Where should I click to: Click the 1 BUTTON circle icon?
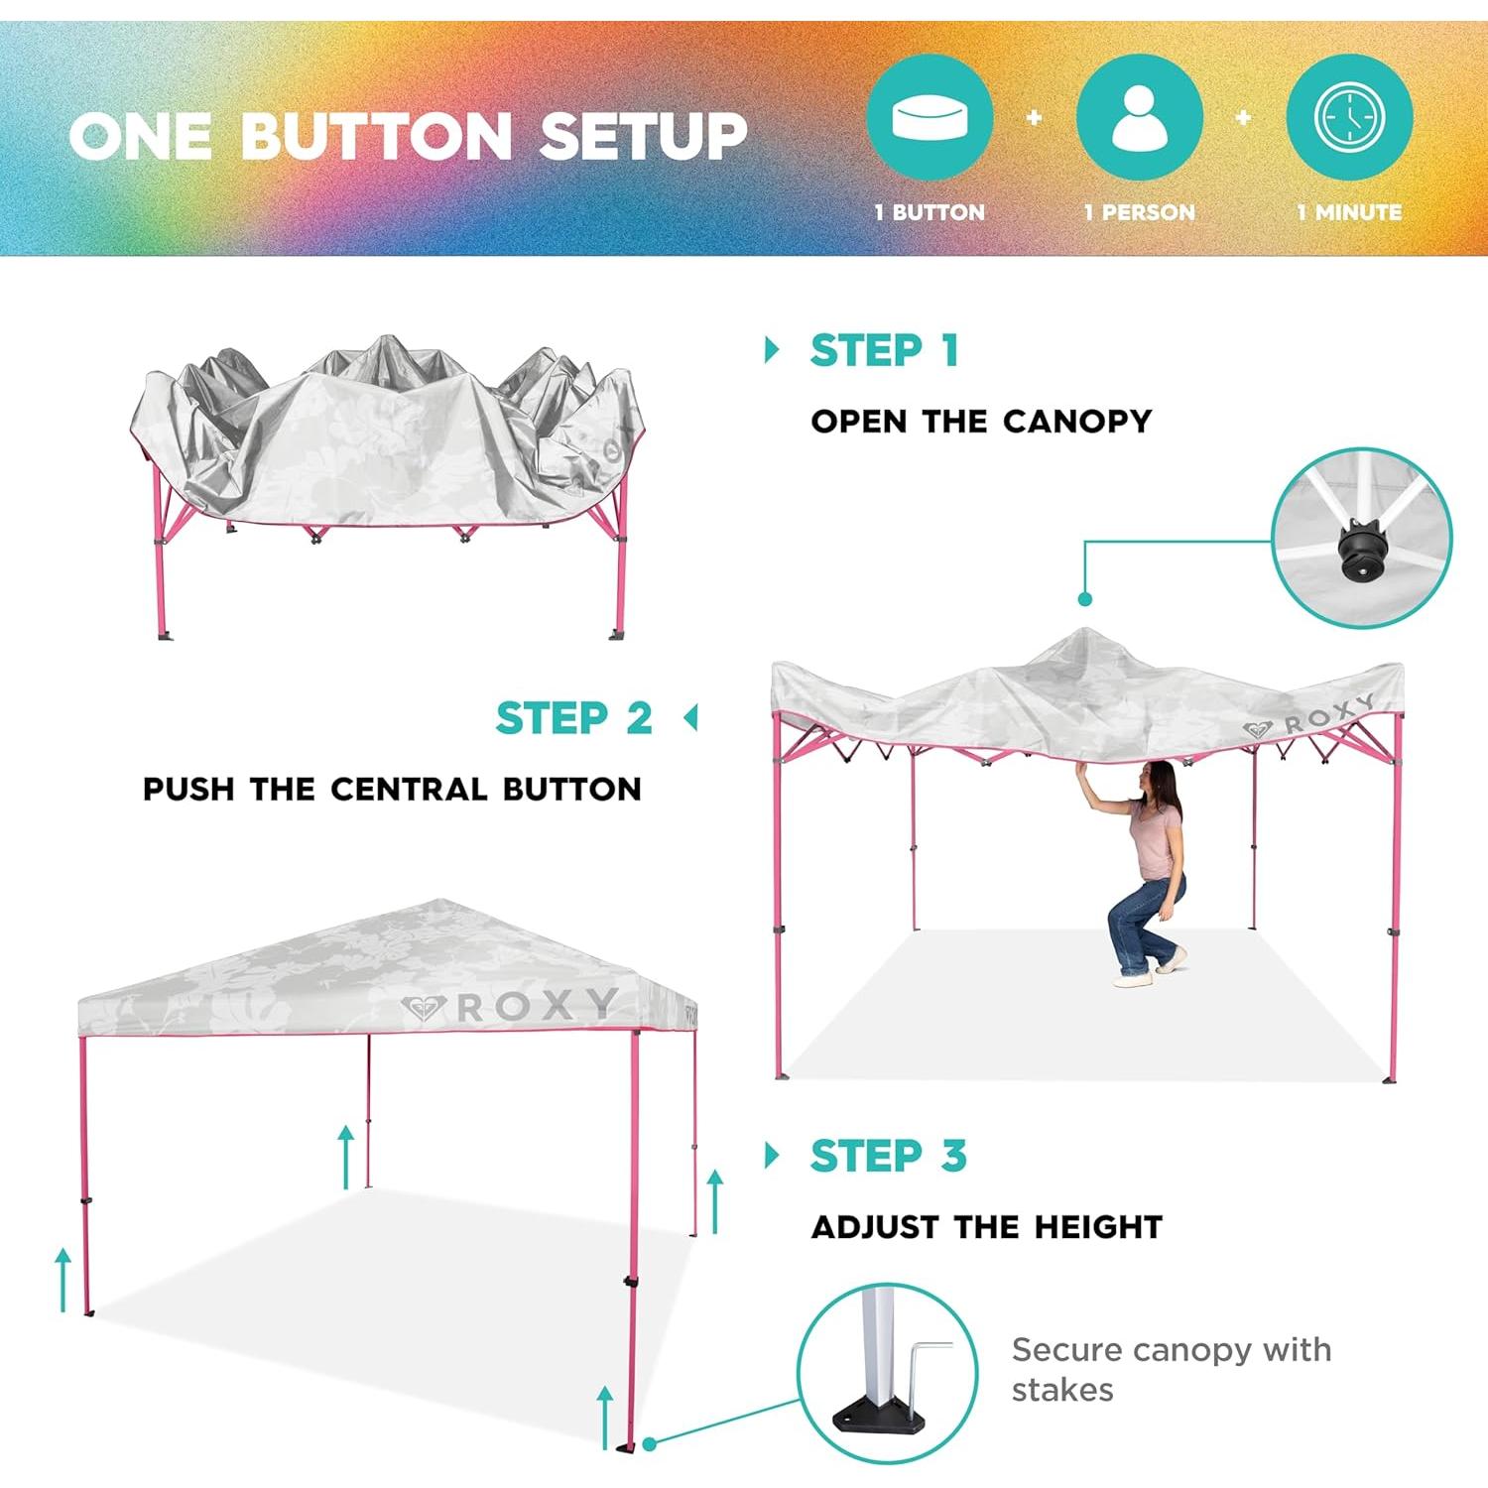tap(930, 118)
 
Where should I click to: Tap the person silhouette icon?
tap(1140, 118)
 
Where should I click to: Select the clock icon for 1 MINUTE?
tap(1349, 118)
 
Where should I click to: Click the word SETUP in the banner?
tap(643, 136)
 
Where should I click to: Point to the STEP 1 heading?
tap(884, 350)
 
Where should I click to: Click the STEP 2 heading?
tap(573, 718)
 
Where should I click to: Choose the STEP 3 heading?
tap(888, 1156)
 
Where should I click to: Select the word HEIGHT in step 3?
tap(1098, 1227)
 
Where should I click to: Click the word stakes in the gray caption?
tap(1062, 1390)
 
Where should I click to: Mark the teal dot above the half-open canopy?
tap(1084, 599)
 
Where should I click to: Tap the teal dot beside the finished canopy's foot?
tap(650, 1444)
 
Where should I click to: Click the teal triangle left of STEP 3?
tap(772, 1156)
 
